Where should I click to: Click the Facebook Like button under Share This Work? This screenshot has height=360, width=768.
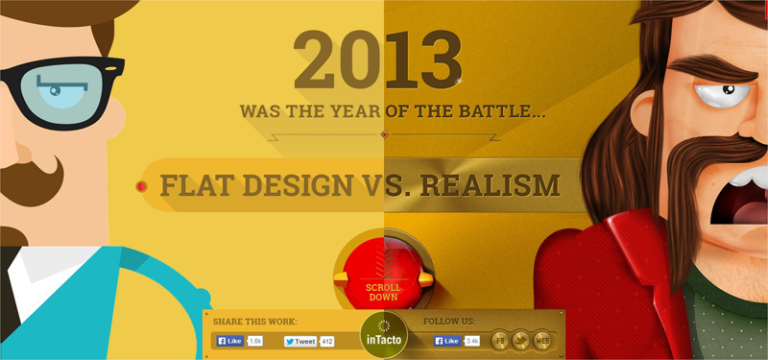click(229, 341)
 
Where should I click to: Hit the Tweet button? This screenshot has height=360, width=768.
click(300, 341)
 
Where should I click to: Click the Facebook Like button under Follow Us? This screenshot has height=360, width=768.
click(448, 341)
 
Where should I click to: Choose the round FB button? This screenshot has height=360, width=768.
click(500, 340)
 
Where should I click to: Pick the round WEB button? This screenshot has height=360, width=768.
click(543, 340)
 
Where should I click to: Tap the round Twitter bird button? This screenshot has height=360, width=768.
click(521, 340)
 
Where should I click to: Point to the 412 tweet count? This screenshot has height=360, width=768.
click(327, 341)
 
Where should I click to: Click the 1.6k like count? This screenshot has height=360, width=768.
click(255, 341)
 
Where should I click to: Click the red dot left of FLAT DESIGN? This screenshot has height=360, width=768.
click(142, 185)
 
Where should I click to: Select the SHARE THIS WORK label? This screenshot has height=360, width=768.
click(255, 321)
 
